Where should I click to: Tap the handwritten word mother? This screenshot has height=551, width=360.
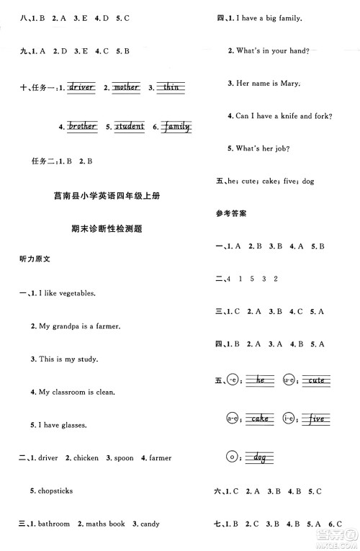127,88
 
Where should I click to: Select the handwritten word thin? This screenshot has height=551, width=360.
171,88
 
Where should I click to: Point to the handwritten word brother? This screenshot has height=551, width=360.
82,127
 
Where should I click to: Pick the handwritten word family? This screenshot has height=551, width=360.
176,127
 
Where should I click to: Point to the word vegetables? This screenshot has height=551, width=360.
75,293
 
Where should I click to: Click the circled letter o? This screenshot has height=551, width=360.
231,455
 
